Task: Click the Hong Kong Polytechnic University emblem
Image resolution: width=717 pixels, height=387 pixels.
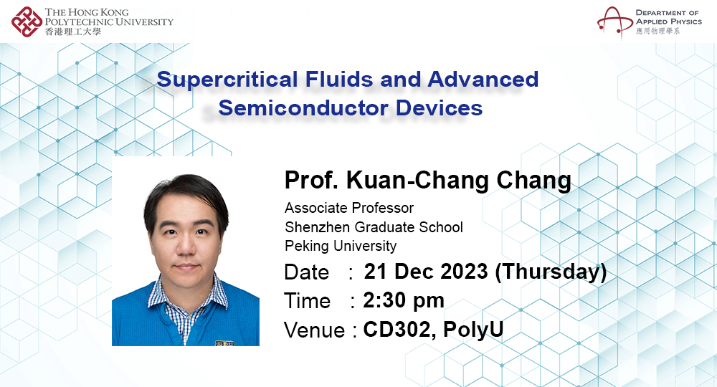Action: (x=27, y=21)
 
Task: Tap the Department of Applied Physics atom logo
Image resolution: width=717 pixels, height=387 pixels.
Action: (x=613, y=21)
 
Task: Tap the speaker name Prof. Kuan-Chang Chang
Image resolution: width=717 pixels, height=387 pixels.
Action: (x=427, y=181)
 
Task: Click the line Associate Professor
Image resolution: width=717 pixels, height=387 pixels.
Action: (x=349, y=209)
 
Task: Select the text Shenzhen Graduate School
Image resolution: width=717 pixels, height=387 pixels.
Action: (x=374, y=227)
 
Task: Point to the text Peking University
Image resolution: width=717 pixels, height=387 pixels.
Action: (x=341, y=246)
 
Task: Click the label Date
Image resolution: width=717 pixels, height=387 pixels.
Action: (x=307, y=273)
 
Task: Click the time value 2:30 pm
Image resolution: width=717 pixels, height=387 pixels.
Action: (x=404, y=300)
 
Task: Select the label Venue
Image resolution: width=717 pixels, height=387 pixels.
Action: (x=315, y=330)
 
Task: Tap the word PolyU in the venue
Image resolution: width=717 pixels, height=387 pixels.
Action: (x=473, y=330)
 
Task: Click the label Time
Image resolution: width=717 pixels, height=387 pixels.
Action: (x=308, y=301)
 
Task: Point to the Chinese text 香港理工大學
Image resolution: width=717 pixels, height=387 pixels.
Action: (x=72, y=32)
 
